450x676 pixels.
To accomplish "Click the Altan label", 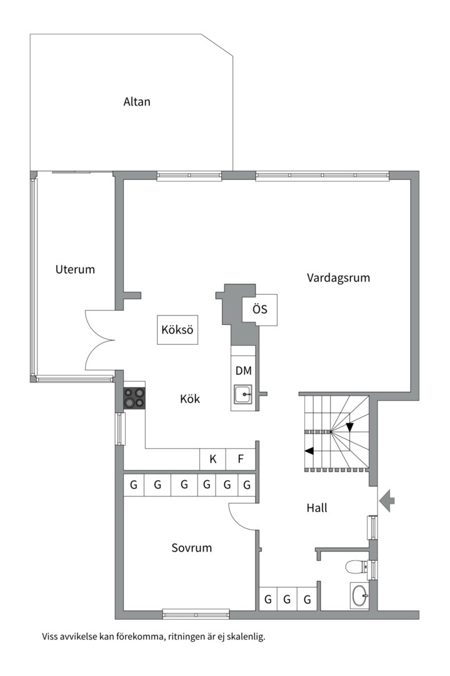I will (x=137, y=101).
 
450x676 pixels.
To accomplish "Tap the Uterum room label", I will (x=75, y=270).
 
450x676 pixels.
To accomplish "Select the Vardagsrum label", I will (x=338, y=277).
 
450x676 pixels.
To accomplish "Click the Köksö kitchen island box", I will (x=177, y=330).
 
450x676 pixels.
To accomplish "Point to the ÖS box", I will (x=260, y=310).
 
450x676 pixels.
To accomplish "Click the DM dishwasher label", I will (x=243, y=371).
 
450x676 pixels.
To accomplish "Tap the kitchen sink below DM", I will (x=242, y=394).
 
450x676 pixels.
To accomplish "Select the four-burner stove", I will (x=134, y=399).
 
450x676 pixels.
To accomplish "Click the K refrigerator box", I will (x=212, y=459).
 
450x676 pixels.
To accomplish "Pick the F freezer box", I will (x=241, y=459).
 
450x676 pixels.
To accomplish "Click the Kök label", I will (x=190, y=399).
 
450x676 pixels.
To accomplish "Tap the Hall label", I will (x=317, y=508).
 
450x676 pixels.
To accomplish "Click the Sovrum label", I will (x=192, y=548).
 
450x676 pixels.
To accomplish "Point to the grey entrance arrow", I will (x=387, y=500).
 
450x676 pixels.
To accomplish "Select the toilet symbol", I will (x=356, y=567).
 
